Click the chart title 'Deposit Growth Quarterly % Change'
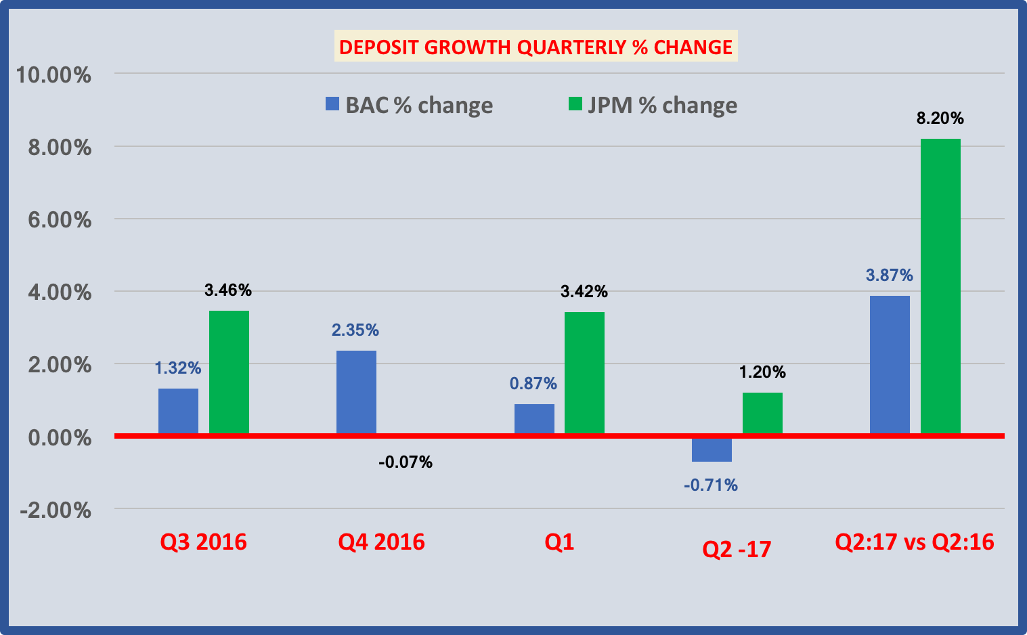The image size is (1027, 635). [536, 47]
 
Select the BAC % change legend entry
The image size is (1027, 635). [410, 105]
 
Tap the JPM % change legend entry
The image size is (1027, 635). [653, 105]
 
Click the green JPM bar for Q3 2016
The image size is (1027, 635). [229, 372]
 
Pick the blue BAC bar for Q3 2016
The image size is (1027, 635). [178, 411]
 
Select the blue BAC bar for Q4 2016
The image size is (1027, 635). [356, 392]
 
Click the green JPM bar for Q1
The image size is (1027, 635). [584, 372]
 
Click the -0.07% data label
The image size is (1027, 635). [406, 462]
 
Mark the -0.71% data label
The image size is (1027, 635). [711, 485]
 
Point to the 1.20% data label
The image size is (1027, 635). [762, 372]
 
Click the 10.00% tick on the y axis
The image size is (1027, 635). [53, 74]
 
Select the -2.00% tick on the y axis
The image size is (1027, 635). [56, 510]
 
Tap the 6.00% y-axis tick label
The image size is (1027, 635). [59, 219]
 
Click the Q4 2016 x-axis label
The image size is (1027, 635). [381, 542]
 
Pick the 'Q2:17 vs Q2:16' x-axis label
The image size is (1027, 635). [915, 542]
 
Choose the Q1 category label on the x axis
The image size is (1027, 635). [559, 542]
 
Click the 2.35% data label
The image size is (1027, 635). [355, 330]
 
